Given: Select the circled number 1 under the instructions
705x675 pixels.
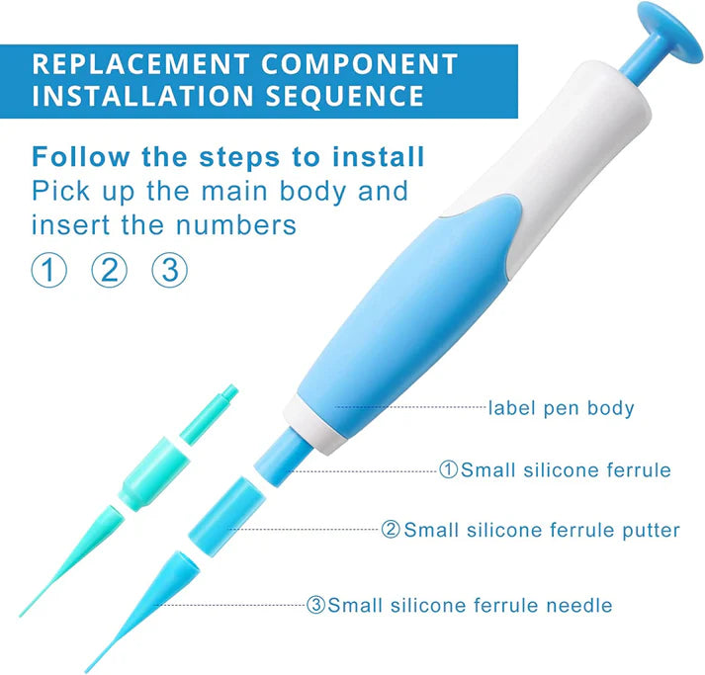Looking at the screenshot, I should pos(48,270).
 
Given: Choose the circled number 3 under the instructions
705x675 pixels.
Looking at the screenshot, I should pos(169,270).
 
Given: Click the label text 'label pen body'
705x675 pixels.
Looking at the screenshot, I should pos(561,407).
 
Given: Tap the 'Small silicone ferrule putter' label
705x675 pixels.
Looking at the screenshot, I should pos(542,531).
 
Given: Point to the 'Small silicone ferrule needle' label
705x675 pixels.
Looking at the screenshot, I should pos(470,605).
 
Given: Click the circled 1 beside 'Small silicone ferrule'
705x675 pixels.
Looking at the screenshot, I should pos(449,470).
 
